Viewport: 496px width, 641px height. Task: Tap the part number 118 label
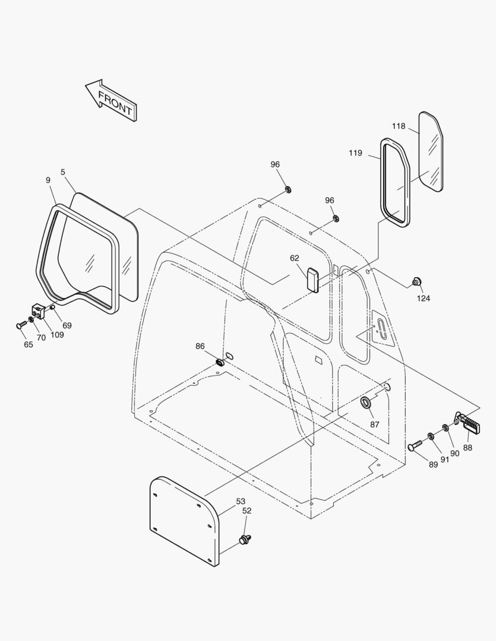pyautogui.click(x=398, y=126)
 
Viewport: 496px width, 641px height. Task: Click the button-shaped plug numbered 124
pyautogui.click(x=416, y=282)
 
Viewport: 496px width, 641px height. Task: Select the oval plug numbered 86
pyautogui.click(x=219, y=361)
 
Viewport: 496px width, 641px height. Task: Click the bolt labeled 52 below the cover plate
pyautogui.click(x=244, y=540)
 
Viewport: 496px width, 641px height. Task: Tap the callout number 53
pyautogui.click(x=241, y=502)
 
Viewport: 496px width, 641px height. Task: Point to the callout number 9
pyautogui.click(x=48, y=180)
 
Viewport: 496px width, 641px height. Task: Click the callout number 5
pyautogui.click(x=63, y=172)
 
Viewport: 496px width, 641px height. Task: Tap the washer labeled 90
pyautogui.click(x=446, y=428)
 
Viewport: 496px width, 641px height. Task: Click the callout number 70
pyautogui.click(x=41, y=338)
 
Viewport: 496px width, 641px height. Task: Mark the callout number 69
pyautogui.click(x=67, y=325)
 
